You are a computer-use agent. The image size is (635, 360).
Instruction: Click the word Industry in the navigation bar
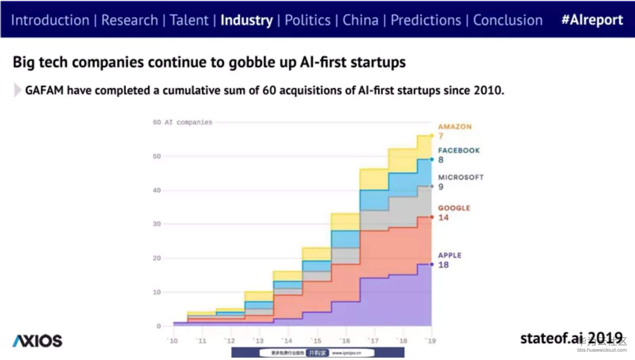pyautogui.click(x=246, y=20)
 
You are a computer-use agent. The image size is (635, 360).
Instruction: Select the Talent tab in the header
pyautogui.click(x=189, y=20)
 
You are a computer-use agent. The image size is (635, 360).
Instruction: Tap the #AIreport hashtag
pyautogui.click(x=592, y=20)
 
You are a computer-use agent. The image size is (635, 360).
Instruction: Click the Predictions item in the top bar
pyautogui.click(x=426, y=20)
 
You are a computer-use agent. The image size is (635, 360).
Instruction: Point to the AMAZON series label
pyautogui.click(x=455, y=127)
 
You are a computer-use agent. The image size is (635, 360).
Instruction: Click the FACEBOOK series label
pyautogui.click(x=459, y=151)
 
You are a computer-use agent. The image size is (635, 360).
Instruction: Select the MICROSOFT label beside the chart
pyautogui.click(x=460, y=177)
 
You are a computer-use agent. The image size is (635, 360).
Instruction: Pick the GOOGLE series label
pyautogui.click(x=454, y=208)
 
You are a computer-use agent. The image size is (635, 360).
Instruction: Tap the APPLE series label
pyautogui.click(x=449, y=255)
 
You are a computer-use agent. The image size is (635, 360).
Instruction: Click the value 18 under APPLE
pyautogui.click(x=443, y=265)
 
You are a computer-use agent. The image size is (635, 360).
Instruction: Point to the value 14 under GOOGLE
pyautogui.click(x=443, y=218)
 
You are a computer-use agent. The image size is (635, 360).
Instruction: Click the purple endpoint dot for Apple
pyautogui.click(x=432, y=264)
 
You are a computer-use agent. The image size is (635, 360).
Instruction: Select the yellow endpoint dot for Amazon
pyautogui.click(x=432, y=136)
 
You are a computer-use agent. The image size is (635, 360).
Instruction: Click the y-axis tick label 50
pyautogui.click(x=157, y=156)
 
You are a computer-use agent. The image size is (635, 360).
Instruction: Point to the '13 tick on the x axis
pyautogui.click(x=259, y=341)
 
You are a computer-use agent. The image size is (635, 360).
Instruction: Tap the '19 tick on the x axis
pyautogui.click(x=431, y=341)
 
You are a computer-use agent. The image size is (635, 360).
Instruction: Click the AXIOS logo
pyautogui.click(x=37, y=341)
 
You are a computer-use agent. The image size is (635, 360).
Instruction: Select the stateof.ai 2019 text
pyautogui.click(x=571, y=338)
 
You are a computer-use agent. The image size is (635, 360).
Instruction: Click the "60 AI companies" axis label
pyautogui.click(x=182, y=122)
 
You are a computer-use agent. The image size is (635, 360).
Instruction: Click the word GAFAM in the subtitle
pyautogui.click(x=44, y=90)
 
